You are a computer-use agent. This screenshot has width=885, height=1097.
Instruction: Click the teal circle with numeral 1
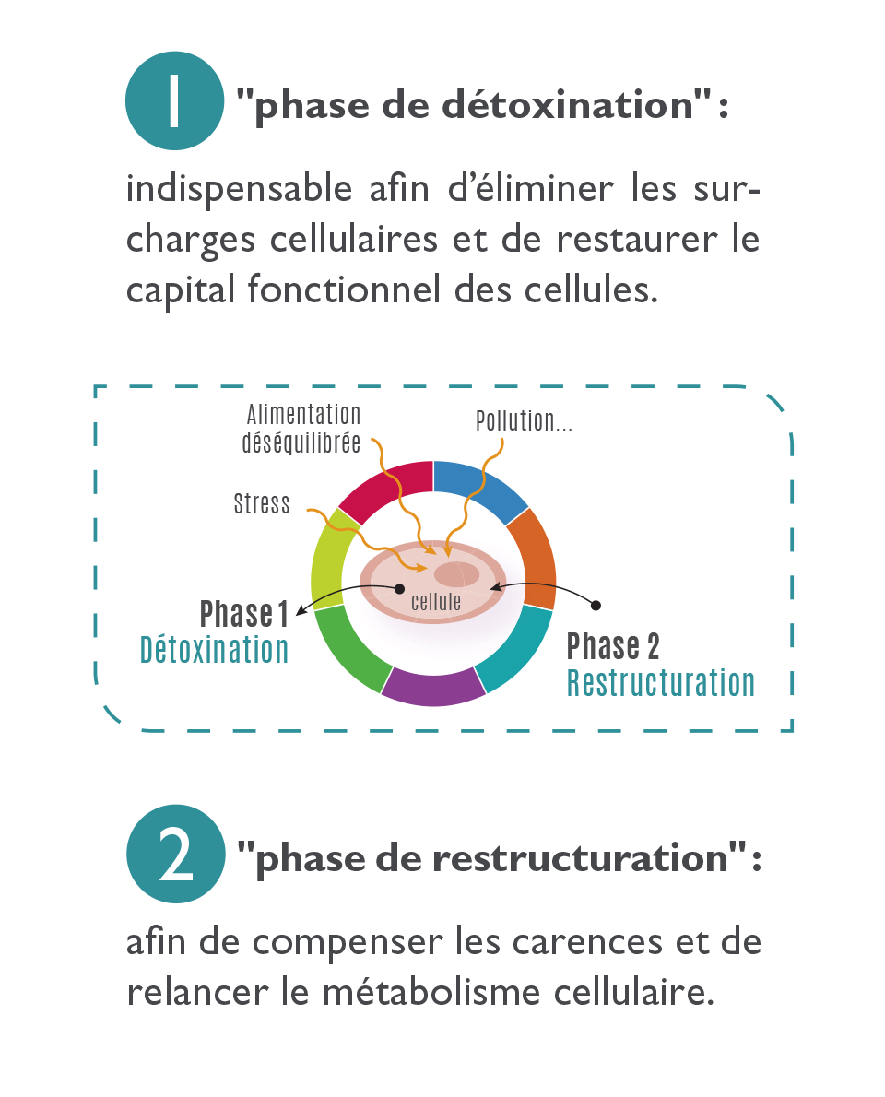pyautogui.click(x=175, y=100)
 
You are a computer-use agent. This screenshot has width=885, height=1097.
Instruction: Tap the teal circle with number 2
pyautogui.click(x=175, y=854)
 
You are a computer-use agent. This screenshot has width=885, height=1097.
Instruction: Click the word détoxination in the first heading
pyautogui.click(x=567, y=105)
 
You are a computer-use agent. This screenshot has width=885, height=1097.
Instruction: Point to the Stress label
pyautogui.click(x=262, y=503)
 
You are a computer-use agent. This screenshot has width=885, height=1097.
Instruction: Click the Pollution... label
pyautogui.click(x=524, y=421)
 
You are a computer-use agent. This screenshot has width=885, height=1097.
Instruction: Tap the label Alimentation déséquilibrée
pyautogui.click(x=301, y=429)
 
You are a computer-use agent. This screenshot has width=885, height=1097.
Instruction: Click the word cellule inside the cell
pyautogui.click(x=436, y=602)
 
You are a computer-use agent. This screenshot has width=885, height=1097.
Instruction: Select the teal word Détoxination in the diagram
pyautogui.click(x=214, y=650)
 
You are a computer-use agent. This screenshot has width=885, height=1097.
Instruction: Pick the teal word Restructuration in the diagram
pyautogui.click(x=660, y=683)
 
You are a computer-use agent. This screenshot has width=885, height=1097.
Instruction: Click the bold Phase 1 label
pyautogui.click(x=243, y=614)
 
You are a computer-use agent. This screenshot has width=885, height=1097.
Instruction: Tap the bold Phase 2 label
pyautogui.click(x=613, y=645)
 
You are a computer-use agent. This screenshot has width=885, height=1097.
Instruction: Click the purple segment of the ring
pyautogui.click(x=433, y=686)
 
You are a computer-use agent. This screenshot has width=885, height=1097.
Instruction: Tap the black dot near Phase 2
pyautogui.click(x=596, y=605)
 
